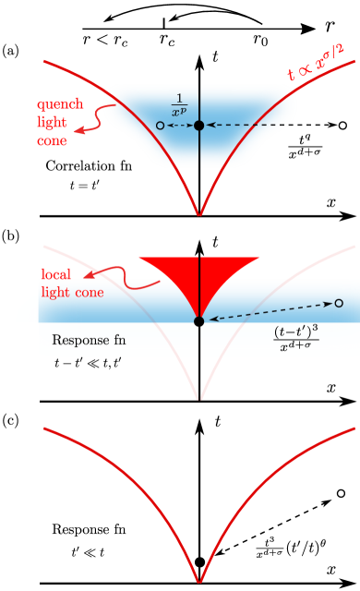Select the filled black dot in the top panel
[x=199, y=124]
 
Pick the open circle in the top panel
[x=161, y=124]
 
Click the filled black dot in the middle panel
[x=199, y=320]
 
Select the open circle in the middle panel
[x=339, y=303]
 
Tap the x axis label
[x=331, y=388]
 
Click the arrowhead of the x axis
[x=352, y=401]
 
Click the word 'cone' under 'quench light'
[x=53, y=140]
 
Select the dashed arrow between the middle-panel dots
[x=268, y=312]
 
